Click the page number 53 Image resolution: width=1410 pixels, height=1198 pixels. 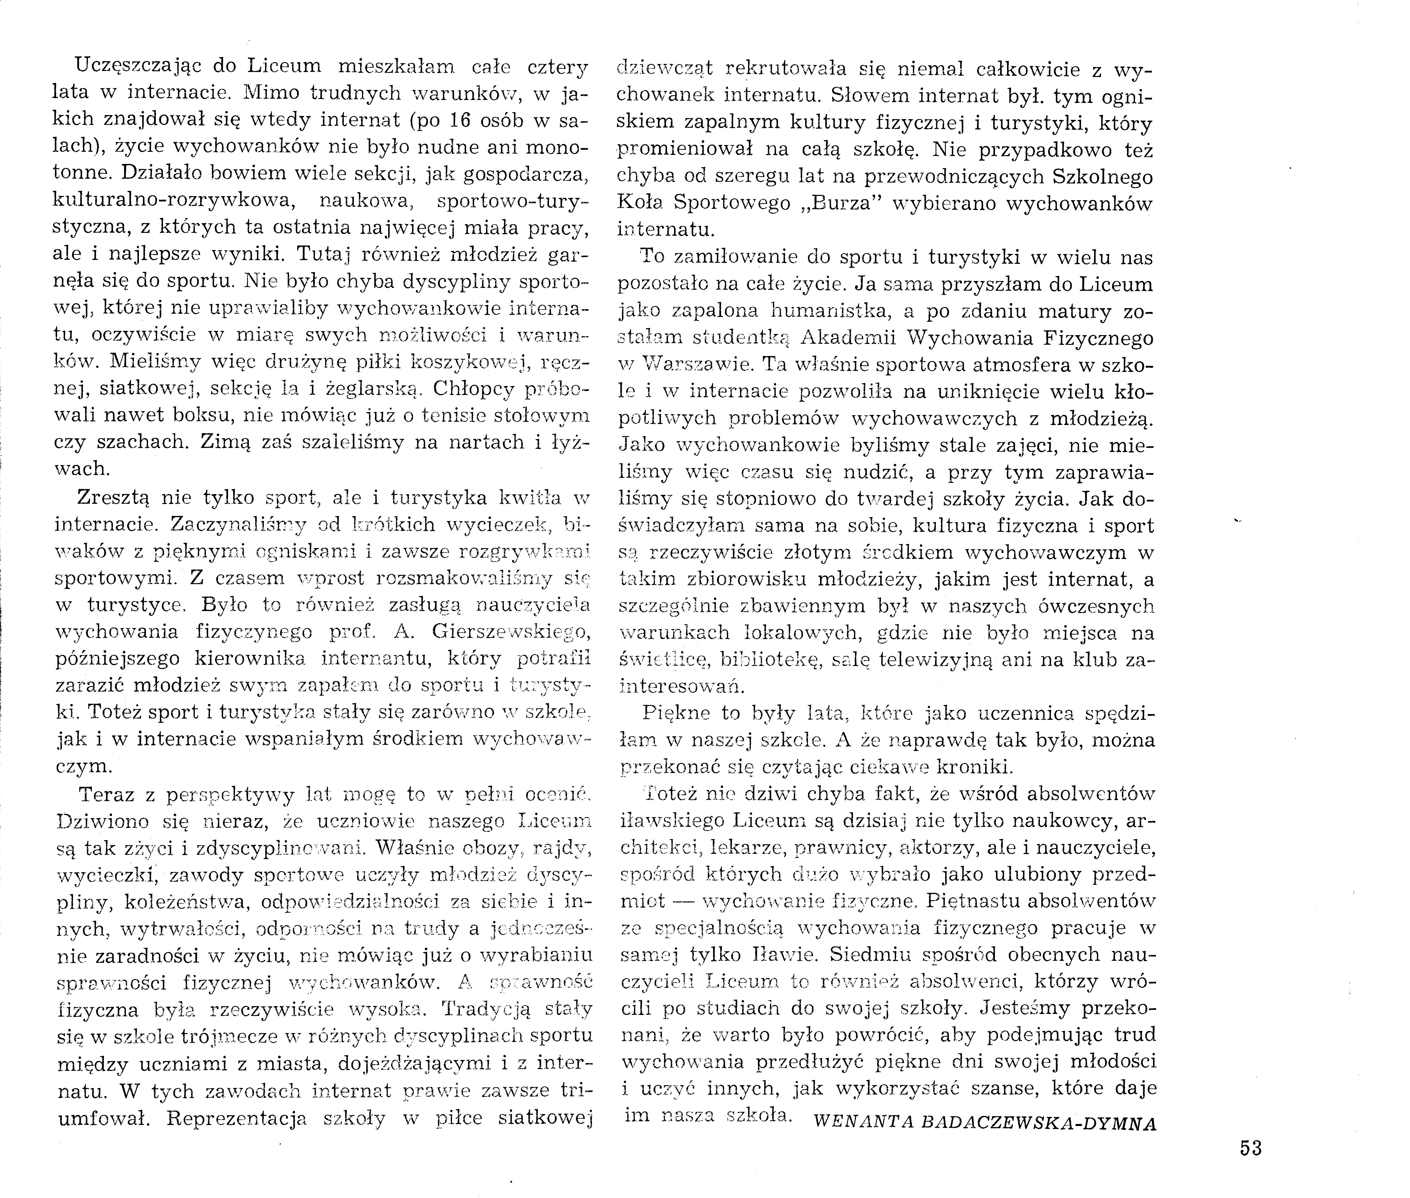[1250, 1148]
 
